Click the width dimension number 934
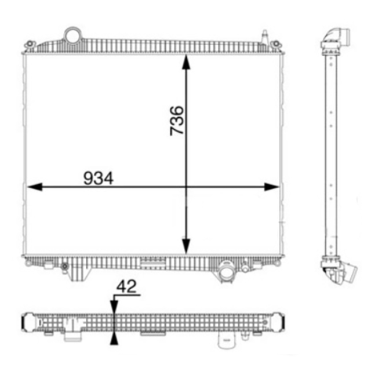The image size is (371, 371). point(99,177)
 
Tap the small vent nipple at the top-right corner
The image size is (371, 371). point(265,37)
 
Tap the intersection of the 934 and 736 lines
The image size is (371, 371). point(185,187)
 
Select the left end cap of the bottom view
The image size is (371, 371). point(27,322)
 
